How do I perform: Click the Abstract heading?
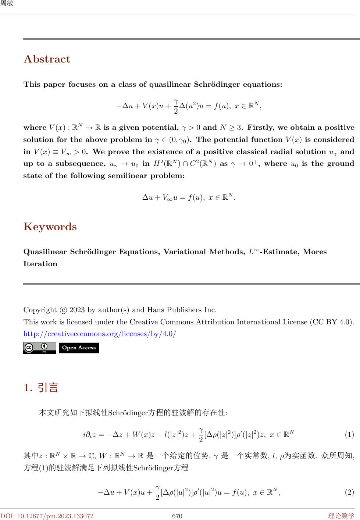(47, 59)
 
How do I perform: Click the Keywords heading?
(50, 227)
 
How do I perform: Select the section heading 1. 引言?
(41, 388)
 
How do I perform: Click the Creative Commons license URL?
(100, 334)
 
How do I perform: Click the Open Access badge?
(79, 348)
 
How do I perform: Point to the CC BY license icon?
(39, 348)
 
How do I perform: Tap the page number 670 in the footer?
(177, 516)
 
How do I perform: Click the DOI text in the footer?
(47, 516)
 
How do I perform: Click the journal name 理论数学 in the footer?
(341, 516)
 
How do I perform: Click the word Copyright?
(40, 310)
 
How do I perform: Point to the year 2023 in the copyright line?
(77, 310)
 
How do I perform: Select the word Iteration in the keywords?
(40, 264)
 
